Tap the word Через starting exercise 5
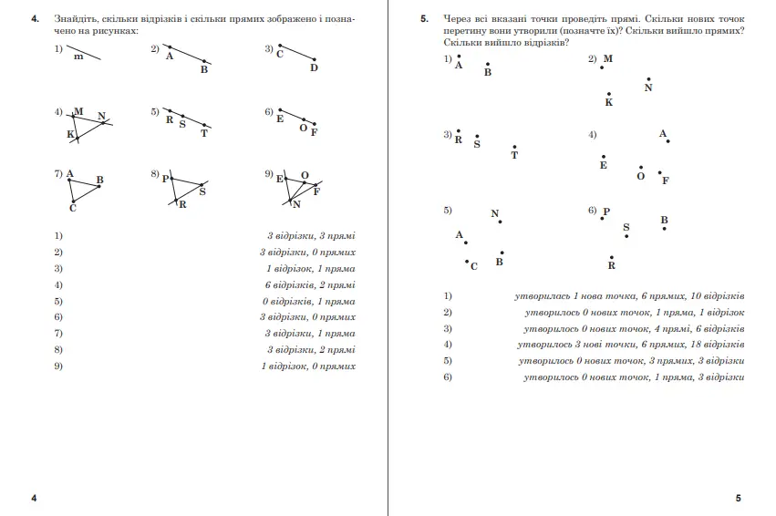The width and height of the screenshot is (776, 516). point(460,18)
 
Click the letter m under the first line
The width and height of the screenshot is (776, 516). point(79,57)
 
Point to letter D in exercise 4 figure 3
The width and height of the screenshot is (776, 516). point(314,67)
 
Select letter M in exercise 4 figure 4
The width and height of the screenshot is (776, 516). point(78,112)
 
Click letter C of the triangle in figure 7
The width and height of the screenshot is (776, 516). point(72,209)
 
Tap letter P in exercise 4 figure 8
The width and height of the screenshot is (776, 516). point(165,179)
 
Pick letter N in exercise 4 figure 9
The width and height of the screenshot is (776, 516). point(296,205)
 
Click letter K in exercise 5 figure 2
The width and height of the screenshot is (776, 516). point(609,103)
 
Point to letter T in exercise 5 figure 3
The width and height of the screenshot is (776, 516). point(514,155)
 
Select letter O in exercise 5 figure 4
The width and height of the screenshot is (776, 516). point(640,177)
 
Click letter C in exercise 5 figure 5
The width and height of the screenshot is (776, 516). point(473,266)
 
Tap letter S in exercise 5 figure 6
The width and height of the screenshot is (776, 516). point(626,227)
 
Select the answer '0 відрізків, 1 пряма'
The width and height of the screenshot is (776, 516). point(309,301)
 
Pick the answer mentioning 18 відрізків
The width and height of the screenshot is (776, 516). point(630,345)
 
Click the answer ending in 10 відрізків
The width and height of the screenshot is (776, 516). point(629,296)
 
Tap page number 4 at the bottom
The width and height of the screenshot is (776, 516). point(34,498)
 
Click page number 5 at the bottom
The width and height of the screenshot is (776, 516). point(739,498)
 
